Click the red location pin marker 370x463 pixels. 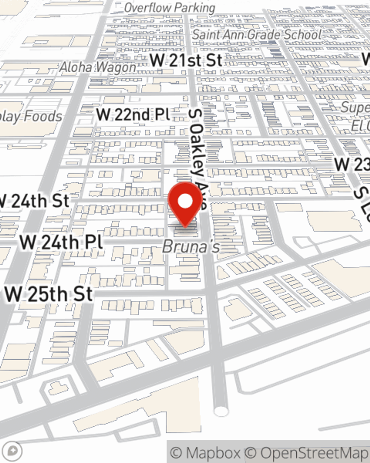pos(185,204)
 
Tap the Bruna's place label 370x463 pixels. pos(191,247)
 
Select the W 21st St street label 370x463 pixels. pos(186,60)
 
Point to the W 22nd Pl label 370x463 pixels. pos(133,114)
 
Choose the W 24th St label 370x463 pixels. pos(35,201)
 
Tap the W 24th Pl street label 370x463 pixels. pos(61,242)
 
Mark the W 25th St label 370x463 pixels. pos(49,294)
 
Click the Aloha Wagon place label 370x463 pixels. pos(98,67)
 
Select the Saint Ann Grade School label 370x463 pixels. pos(257,34)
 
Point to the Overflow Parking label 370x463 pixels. pos(170,7)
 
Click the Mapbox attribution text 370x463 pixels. pos(206,453)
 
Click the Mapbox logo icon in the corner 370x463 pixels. pos(13,451)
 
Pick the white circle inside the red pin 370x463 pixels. pos(185,201)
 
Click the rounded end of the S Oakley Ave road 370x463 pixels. pos(221,411)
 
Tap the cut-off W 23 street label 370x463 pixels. pos(352,164)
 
